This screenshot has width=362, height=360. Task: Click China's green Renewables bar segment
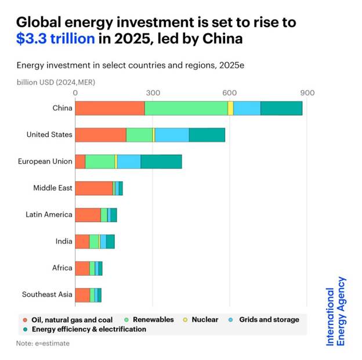[x=186, y=108]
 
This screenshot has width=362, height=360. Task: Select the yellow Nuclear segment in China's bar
[x=230, y=108]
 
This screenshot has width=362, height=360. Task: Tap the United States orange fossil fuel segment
[x=100, y=135]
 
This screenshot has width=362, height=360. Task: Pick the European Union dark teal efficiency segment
[x=161, y=161]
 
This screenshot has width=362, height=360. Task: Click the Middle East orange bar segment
[x=93, y=188]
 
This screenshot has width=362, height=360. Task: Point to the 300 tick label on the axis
[x=153, y=93]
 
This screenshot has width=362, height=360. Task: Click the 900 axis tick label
[x=307, y=93]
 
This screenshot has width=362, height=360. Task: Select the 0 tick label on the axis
[x=75, y=93]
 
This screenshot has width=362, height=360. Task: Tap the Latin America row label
[x=49, y=215]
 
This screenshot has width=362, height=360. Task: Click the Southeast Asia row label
[x=47, y=294]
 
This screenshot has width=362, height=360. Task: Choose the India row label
[x=64, y=241]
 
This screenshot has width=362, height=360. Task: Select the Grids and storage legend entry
[x=267, y=319]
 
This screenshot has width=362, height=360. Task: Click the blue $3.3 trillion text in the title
[x=56, y=39]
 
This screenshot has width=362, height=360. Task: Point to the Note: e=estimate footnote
[x=43, y=343]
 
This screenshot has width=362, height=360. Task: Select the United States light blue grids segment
[x=172, y=135]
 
